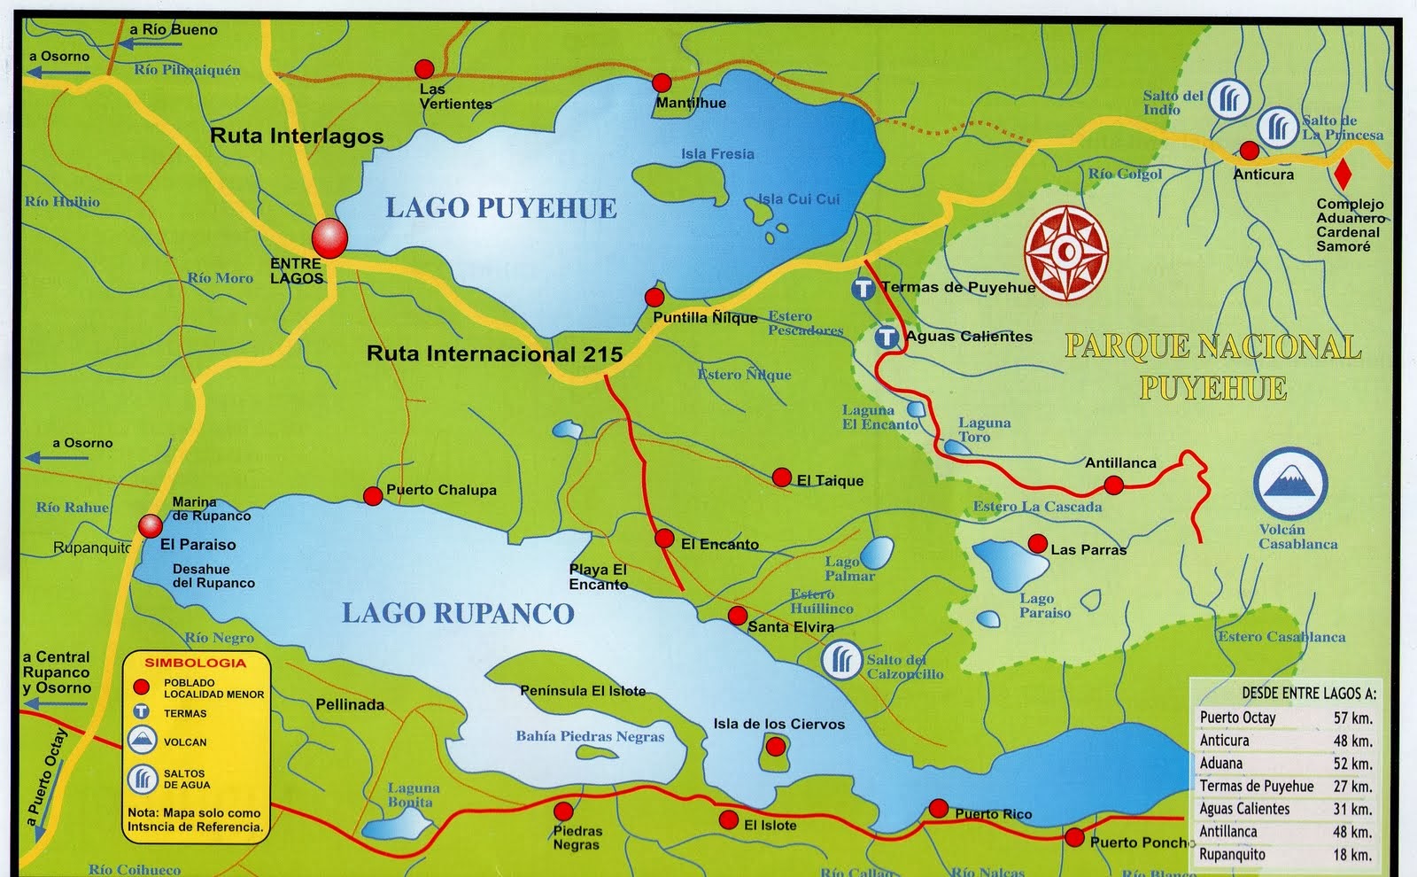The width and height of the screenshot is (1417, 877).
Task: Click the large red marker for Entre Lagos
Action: click(x=329, y=237)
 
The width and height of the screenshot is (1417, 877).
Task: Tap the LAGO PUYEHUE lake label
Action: click(x=501, y=208)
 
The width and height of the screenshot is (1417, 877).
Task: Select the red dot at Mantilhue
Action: click(x=662, y=83)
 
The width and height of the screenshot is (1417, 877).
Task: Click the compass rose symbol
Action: click(x=1066, y=252)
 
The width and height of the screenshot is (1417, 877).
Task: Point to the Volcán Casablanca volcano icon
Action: click(x=1290, y=483)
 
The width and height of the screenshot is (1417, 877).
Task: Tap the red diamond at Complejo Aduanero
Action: click(x=1343, y=174)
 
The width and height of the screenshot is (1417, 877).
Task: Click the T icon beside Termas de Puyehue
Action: click(x=863, y=289)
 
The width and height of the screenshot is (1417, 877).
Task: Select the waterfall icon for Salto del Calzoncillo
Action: click(x=841, y=660)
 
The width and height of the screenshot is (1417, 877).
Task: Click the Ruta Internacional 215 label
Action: click(x=494, y=353)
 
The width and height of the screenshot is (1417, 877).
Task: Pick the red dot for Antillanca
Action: click(x=1114, y=485)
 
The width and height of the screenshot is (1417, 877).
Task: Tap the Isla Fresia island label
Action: click(x=717, y=154)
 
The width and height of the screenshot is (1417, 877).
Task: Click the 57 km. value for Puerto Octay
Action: click(x=1352, y=718)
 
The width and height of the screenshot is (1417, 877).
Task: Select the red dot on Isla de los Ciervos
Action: click(x=775, y=748)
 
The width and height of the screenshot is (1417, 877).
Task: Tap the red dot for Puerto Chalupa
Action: click(x=373, y=496)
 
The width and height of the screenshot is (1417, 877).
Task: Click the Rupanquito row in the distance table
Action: click(x=1284, y=855)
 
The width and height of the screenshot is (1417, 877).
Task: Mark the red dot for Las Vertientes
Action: click(x=424, y=68)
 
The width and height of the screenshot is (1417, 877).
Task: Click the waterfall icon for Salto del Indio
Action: click(x=1228, y=99)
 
